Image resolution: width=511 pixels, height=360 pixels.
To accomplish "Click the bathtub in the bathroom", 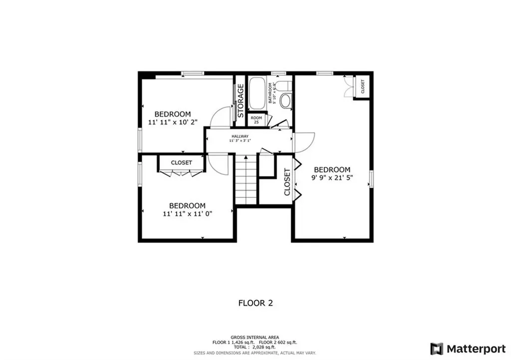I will click(x=257, y=94).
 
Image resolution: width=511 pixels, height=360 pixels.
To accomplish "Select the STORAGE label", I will click(x=241, y=100).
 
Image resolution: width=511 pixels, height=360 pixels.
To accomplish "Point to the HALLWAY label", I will click(x=240, y=136).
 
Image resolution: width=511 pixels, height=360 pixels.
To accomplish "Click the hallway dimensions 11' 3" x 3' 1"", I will click(x=240, y=141).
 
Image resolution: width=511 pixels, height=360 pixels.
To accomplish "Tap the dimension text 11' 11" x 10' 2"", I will click(x=173, y=121).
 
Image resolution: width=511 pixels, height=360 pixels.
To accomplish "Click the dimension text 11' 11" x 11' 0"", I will click(x=187, y=213).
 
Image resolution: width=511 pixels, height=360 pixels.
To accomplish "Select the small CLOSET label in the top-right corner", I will click(x=362, y=87).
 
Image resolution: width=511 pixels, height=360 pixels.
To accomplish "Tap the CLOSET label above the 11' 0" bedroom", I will click(x=181, y=163).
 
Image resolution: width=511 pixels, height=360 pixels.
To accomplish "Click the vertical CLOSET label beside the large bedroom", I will click(x=287, y=181).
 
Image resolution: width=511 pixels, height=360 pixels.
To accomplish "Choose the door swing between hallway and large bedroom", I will click(x=304, y=142).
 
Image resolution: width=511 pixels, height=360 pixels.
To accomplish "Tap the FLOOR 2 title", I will click(x=255, y=303).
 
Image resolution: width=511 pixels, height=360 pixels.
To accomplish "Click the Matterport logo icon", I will click(x=436, y=348).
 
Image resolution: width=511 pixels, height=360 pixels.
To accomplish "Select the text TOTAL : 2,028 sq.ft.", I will click(x=255, y=347).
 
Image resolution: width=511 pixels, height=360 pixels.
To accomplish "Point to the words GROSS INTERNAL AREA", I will click(x=255, y=337).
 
